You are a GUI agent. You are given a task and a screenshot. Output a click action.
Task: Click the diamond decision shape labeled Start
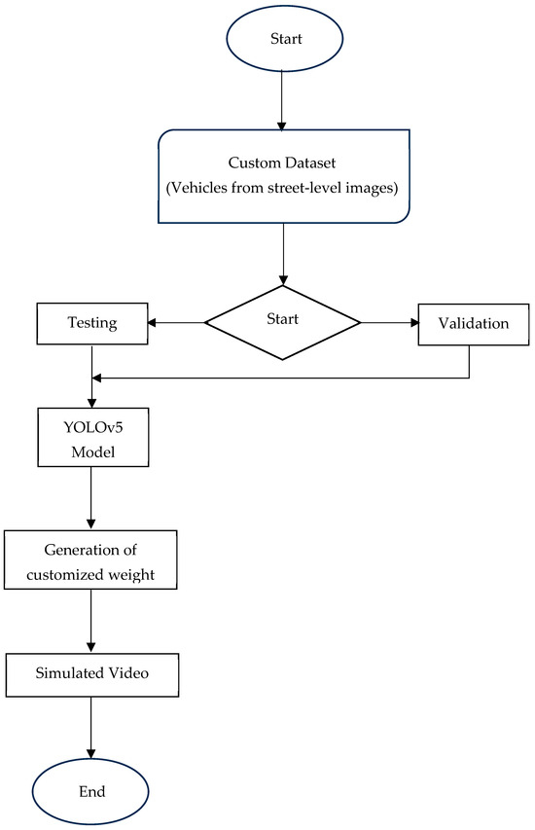coord(282,322)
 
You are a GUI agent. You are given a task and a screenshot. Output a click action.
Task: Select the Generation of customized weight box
coord(90,559)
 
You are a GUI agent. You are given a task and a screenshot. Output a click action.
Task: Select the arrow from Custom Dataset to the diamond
coord(282,255)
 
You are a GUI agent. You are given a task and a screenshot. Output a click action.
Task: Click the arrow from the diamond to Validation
coord(389,322)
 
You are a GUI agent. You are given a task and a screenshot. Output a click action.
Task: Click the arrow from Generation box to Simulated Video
coord(90,621)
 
